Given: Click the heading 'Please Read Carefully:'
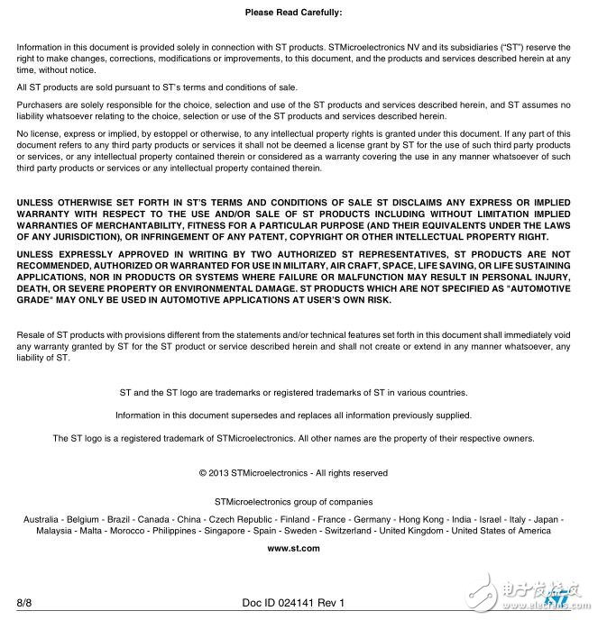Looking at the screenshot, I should tap(293, 13).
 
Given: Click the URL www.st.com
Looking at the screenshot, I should tap(293, 549).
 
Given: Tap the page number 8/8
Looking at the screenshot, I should tap(24, 602).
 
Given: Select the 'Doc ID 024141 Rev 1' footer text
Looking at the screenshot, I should tap(294, 602).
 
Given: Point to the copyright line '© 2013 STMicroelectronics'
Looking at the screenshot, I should tap(293, 472).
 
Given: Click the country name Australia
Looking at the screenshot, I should tap(41, 520).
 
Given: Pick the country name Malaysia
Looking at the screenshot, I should tap(55, 532).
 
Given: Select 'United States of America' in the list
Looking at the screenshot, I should tap(501, 532).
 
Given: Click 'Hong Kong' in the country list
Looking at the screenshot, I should tap(421, 520).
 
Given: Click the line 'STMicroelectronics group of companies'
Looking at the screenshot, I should tap(293, 501).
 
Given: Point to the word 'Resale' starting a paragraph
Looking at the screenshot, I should tap(31, 335).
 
